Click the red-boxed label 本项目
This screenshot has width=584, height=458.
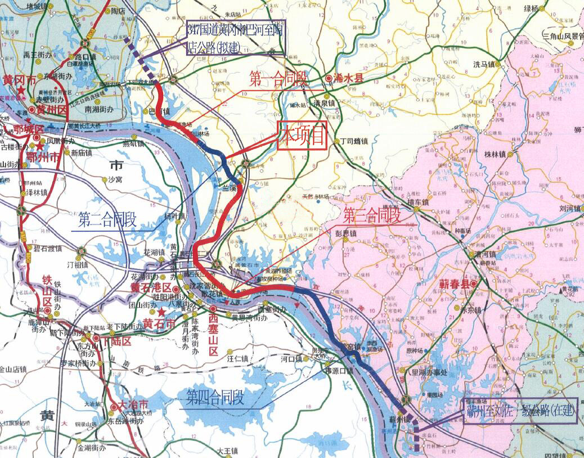(x=302, y=135)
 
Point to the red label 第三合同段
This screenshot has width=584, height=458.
(x=371, y=214)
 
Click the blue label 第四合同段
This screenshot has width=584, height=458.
(x=215, y=399)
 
